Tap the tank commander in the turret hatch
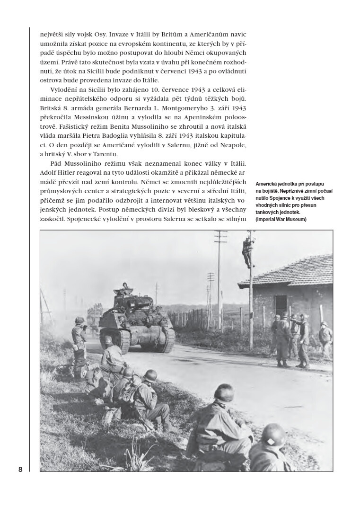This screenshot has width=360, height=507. tap(125, 285)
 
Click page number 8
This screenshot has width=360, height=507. tap(20, 470)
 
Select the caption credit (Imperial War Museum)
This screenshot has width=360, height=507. tap(281, 219)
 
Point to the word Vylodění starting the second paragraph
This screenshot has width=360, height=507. tap(63, 89)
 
